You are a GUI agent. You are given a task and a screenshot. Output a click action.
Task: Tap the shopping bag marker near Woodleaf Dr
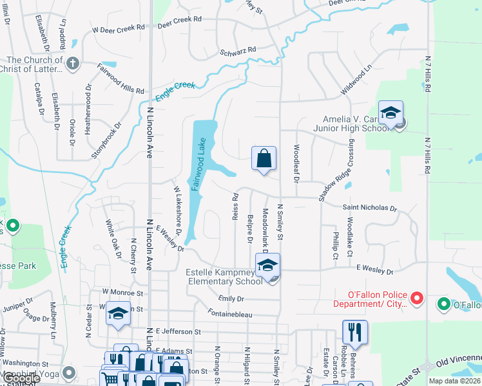(x=264, y=158)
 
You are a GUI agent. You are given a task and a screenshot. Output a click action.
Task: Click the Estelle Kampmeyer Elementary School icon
(x=267, y=265)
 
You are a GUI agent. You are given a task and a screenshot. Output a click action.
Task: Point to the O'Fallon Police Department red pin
(x=416, y=298)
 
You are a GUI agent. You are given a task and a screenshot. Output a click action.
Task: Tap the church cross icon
(x=72, y=63)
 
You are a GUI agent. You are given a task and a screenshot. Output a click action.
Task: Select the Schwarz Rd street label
(x=238, y=50)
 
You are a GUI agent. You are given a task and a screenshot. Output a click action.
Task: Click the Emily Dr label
(x=231, y=299)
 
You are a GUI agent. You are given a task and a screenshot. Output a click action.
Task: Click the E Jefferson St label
(x=178, y=331)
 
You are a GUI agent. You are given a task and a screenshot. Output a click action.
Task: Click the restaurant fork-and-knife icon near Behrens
(x=354, y=332)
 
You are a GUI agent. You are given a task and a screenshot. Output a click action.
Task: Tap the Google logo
(x=21, y=378)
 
